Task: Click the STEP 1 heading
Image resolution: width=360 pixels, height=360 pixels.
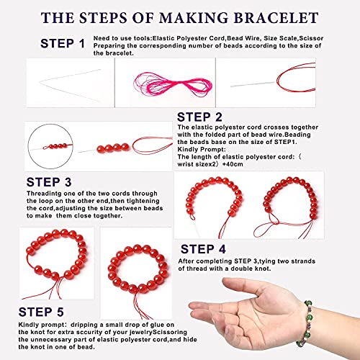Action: (x=63, y=43)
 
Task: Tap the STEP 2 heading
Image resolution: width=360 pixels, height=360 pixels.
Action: (x=199, y=117)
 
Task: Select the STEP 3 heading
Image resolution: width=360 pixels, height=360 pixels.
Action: (x=49, y=182)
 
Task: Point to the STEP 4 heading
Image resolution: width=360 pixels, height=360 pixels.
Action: (x=203, y=249)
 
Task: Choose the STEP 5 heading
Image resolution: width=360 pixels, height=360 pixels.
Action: (x=41, y=312)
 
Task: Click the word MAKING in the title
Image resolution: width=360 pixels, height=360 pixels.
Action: (x=194, y=18)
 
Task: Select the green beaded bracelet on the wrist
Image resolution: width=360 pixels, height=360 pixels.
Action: (x=307, y=322)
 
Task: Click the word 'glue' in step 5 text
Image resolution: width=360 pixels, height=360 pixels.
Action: (x=158, y=325)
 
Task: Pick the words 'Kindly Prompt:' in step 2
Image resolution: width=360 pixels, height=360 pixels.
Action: (x=202, y=149)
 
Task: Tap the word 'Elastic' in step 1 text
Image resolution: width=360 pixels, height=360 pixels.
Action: (x=164, y=38)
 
